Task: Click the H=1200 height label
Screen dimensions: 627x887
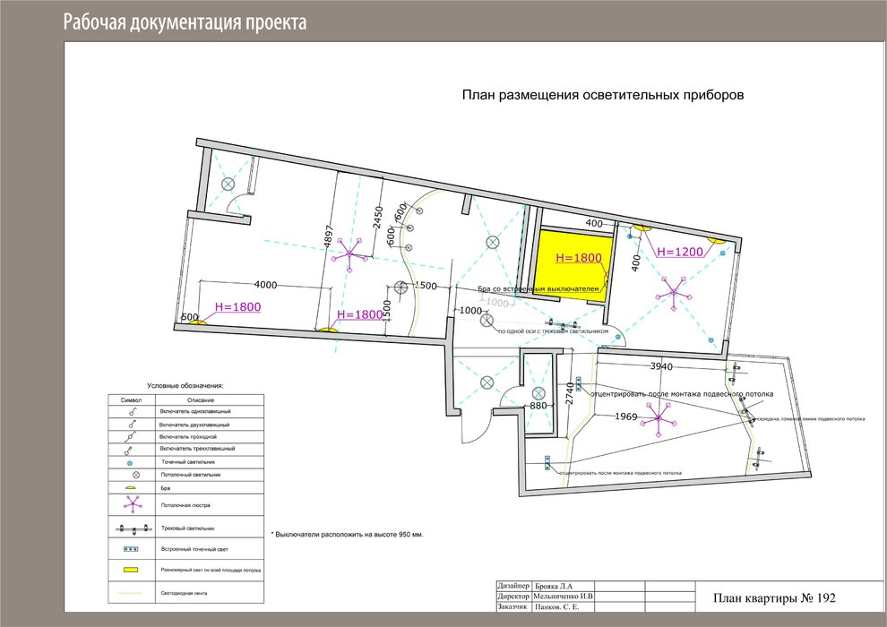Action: click(680, 252)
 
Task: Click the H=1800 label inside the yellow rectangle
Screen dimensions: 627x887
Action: click(579, 257)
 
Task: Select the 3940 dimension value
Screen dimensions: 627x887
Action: click(660, 366)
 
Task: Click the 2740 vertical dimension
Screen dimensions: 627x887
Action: click(570, 395)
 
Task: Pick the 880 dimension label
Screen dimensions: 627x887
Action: click(538, 406)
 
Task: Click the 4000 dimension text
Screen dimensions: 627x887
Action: click(266, 285)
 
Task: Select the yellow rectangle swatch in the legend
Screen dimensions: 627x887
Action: click(132, 569)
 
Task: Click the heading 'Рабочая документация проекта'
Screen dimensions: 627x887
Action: click(185, 22)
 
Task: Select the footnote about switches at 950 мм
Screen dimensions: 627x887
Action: click(346, 533)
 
